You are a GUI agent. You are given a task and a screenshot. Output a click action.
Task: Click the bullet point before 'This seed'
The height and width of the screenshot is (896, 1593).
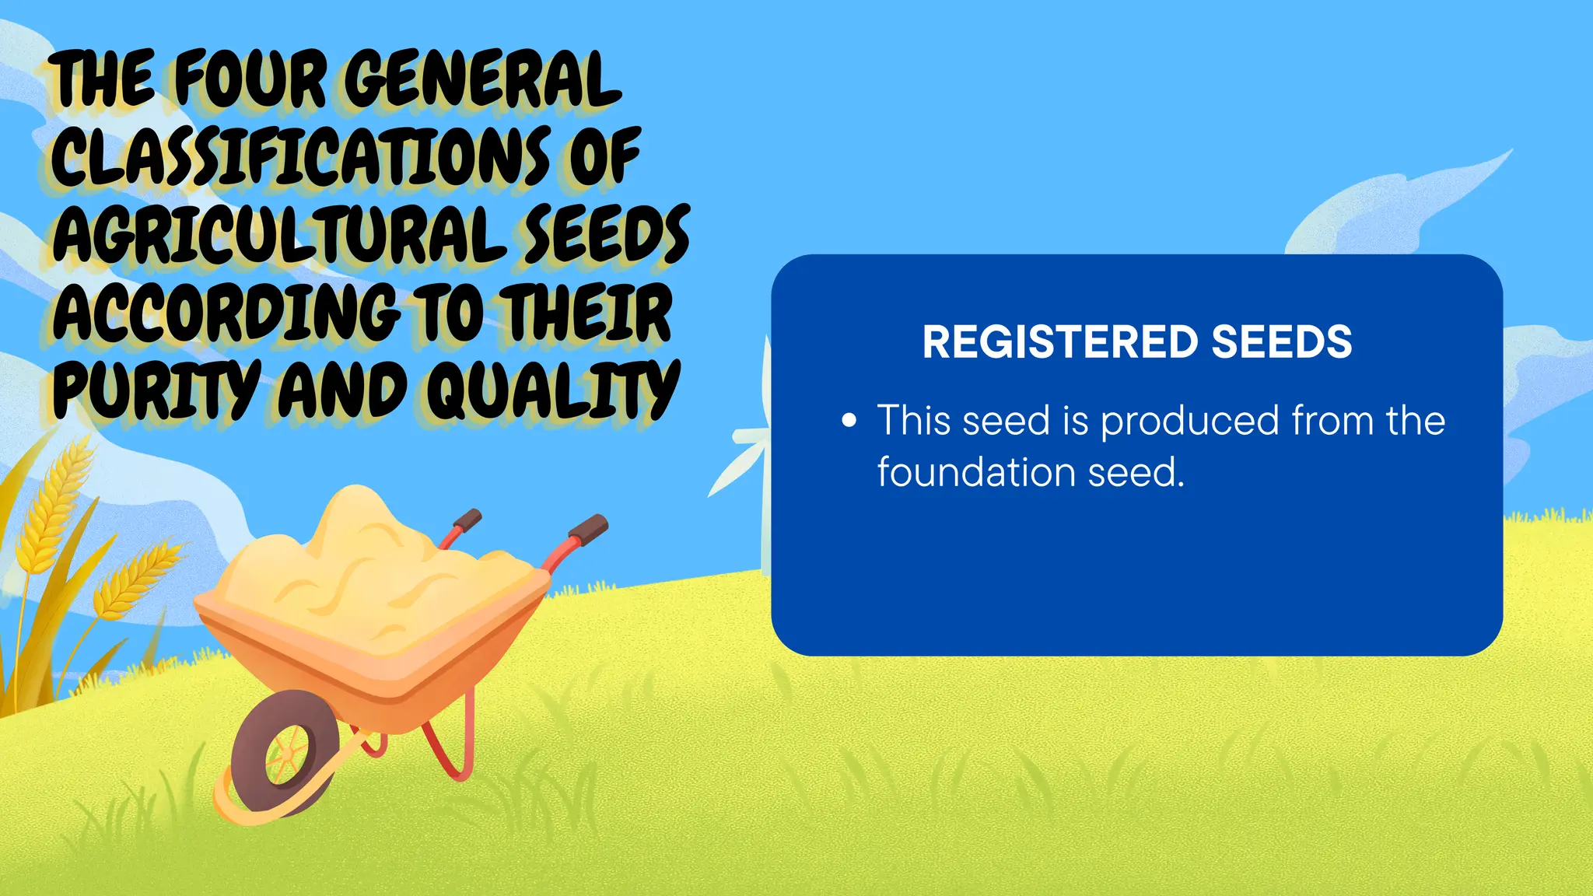[x=849, y=422]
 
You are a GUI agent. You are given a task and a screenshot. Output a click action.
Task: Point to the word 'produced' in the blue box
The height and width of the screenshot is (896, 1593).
[x=1189, y=421]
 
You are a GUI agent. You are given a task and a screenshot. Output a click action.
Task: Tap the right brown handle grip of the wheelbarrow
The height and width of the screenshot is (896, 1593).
[x=588, y=530]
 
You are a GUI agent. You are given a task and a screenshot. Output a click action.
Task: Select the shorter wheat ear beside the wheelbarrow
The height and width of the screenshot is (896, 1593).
[x=132, y=579]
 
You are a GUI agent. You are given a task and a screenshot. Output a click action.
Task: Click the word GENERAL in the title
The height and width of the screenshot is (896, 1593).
[x=482, y=79]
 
